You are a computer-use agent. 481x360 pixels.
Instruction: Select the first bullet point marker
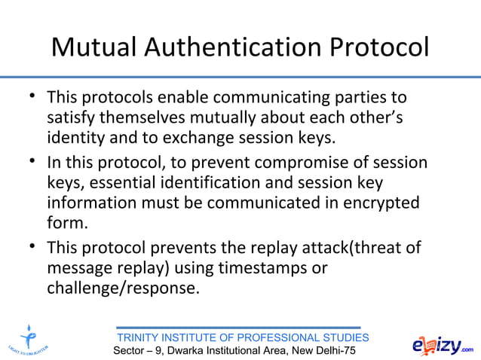tap(31, 97)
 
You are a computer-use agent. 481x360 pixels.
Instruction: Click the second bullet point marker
tap(31, 162)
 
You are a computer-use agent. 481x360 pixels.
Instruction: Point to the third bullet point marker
tap(31, 246)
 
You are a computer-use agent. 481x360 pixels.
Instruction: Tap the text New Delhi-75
tap(323, 352)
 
